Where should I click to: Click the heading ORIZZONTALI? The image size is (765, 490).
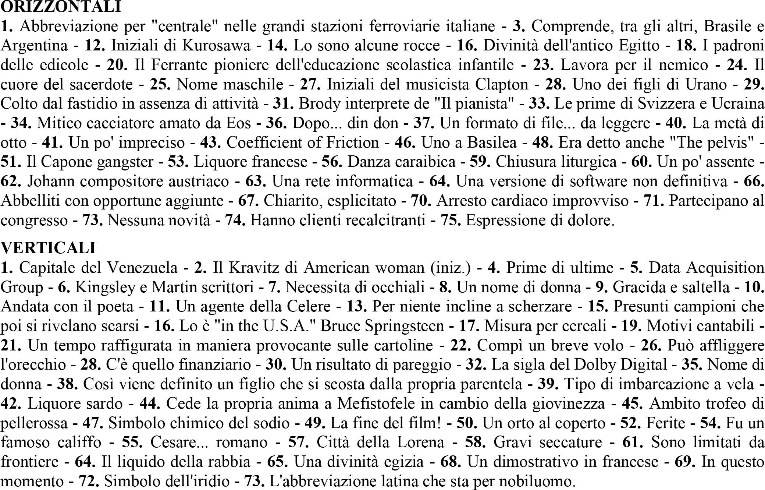[x=61, y=7]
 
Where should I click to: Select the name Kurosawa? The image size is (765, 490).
[x=216, y=46]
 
